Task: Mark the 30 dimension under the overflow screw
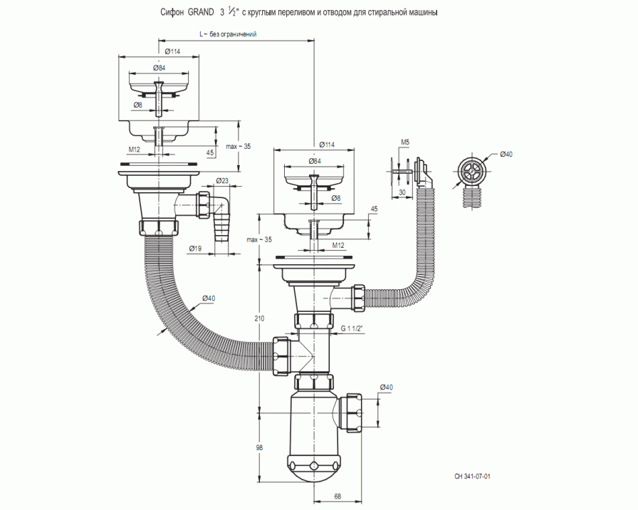(402, 192)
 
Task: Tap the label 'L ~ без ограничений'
(228, 34)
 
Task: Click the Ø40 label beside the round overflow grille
(506, 155)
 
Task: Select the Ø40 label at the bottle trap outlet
(385, 387)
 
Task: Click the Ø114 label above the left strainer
(172, 51)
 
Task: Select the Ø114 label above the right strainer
(328, 145)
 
